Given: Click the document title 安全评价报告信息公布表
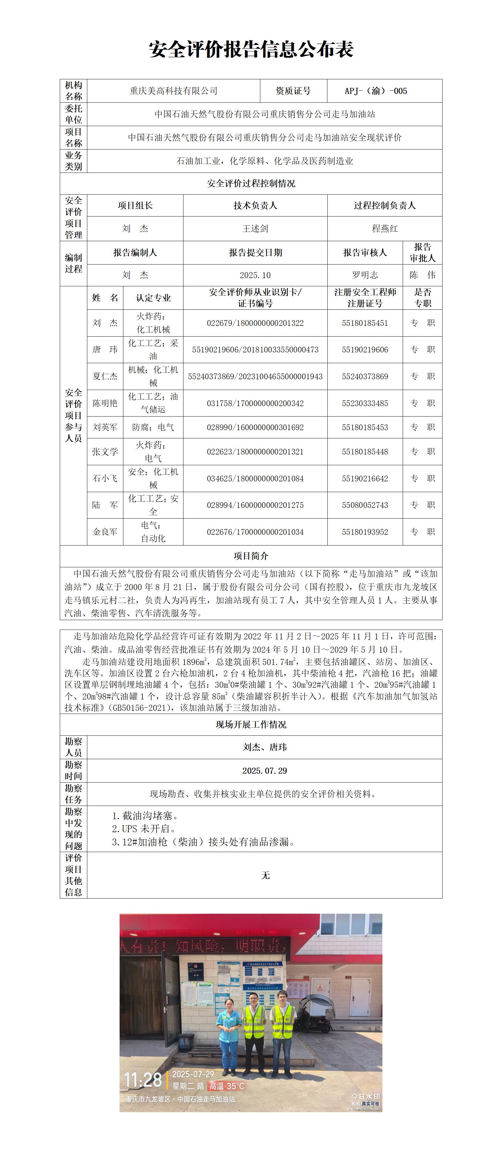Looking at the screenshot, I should point(251,49).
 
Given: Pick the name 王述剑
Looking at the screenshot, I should point(255,229).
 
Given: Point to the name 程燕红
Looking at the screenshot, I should point(385,229).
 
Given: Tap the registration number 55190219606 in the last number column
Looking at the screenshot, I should point(365,350).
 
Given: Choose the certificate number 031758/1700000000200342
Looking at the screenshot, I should point(255,403).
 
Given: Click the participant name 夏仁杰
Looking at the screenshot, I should point(105,376).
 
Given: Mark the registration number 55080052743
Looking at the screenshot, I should point(365,505).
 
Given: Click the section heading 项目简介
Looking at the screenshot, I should point(251,556).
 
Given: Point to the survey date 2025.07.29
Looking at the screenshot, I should point(264,771).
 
